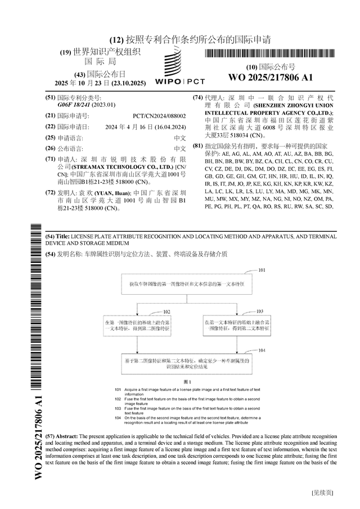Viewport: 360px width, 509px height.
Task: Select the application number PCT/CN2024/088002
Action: pyautogui.click(x=163, y=115)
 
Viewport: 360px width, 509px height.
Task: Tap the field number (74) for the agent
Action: pyautogui.click(x=197, y=97)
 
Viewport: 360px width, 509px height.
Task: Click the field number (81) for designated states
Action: pyautogui.click(x=197, y=146)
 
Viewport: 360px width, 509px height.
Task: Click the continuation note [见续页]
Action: pyautogui.click(x=323, y=493)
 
